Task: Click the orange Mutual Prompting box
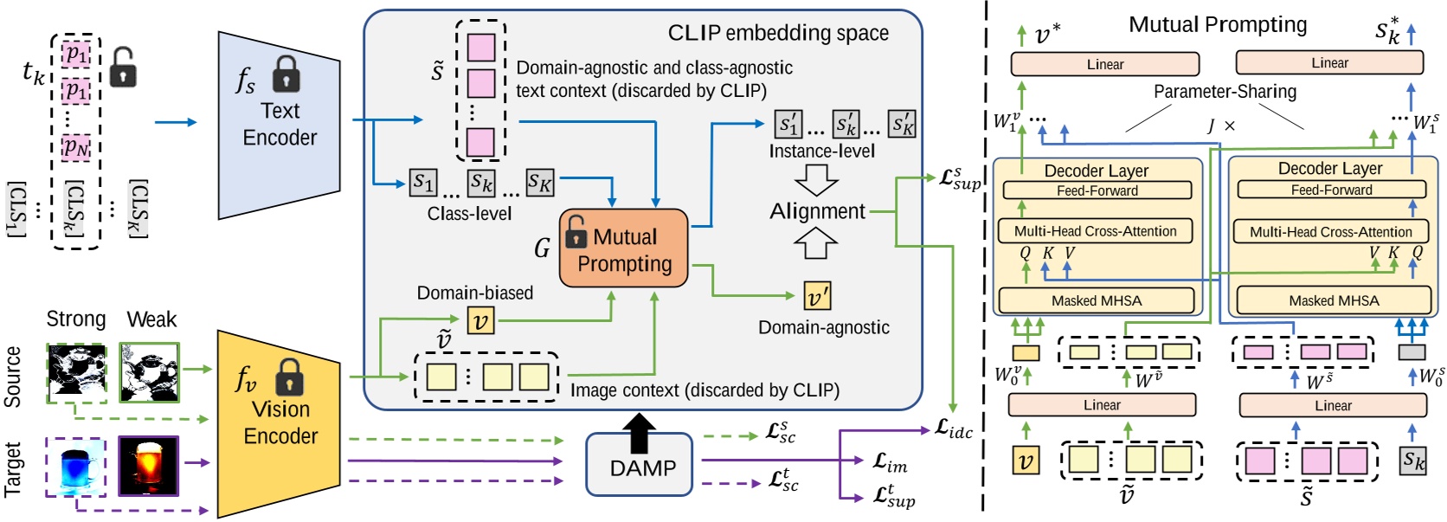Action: pyautogui.click(x=623, y=248)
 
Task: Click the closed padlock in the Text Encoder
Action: pyautogui.click(x=286, y=75)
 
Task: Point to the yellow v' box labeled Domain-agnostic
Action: pyautogui.click(x=816, y=297)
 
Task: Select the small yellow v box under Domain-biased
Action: pyautogui.click(x=480, y=321)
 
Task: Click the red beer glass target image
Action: pyautogui.click(x=148, y=466)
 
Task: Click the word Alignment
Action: pyautogui.click(x=817, y=211)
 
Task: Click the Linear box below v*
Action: pyautogui.click(x=1104, y=64)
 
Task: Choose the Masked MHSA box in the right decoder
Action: pyautogui.click(x=1333, y=300)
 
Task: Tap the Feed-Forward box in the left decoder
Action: pyautogui.click(x=1097, y=190)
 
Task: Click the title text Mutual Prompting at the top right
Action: pyautogui.click(x=1217, y=24)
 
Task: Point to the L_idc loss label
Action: pyautogui.click(x=954, y=429)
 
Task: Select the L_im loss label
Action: pyautogui.click(x=890, y=464)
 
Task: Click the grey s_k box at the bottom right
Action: pyautogui.click(x=1412, y=461)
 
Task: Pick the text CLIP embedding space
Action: pyautogui.click(x=777, y=34)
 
